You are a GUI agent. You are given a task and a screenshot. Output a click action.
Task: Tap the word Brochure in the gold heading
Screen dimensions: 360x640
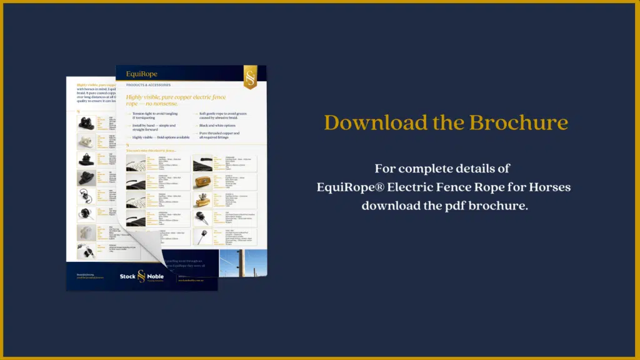(x=522, y=122)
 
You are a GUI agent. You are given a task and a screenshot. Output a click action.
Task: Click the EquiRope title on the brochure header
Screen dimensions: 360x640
(x=142, y=74)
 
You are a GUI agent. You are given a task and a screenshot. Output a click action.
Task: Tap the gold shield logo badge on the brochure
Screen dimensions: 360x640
(x=251, y=77)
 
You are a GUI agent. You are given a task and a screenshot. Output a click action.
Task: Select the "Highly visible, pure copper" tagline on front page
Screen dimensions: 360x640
(x=176, y=100)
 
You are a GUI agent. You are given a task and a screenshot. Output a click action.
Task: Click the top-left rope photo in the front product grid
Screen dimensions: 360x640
(x=136, y=163)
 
